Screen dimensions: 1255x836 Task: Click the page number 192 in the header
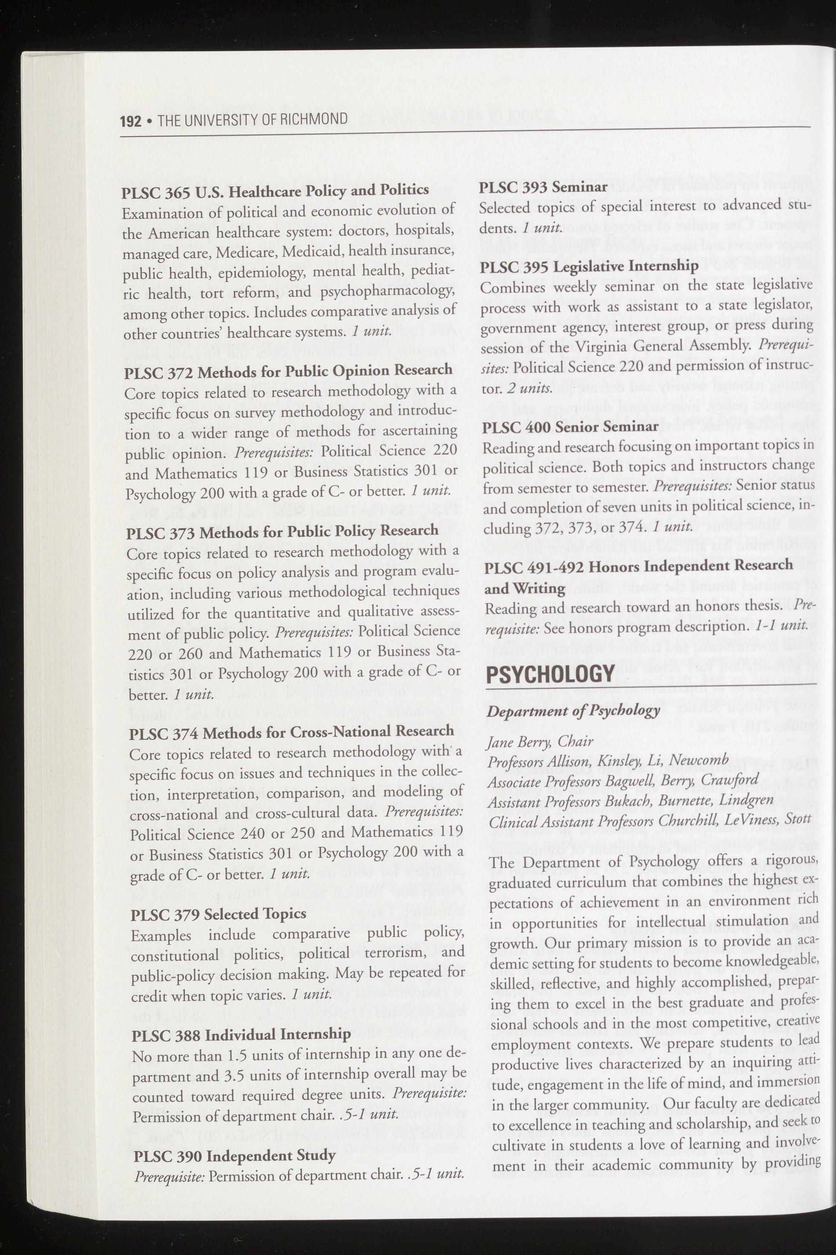[131, 121]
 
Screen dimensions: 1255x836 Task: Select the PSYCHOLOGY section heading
[550, 674]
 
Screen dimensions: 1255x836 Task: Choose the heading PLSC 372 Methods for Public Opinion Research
[288, 371]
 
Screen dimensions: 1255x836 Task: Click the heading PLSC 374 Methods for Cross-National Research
[292, 732]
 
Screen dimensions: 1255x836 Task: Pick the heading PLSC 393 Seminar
[543, 187]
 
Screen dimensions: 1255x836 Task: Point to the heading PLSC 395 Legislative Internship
[589, 266]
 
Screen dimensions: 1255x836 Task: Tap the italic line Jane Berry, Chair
[540, 742]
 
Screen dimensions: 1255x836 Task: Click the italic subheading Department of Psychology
[573, 711]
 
